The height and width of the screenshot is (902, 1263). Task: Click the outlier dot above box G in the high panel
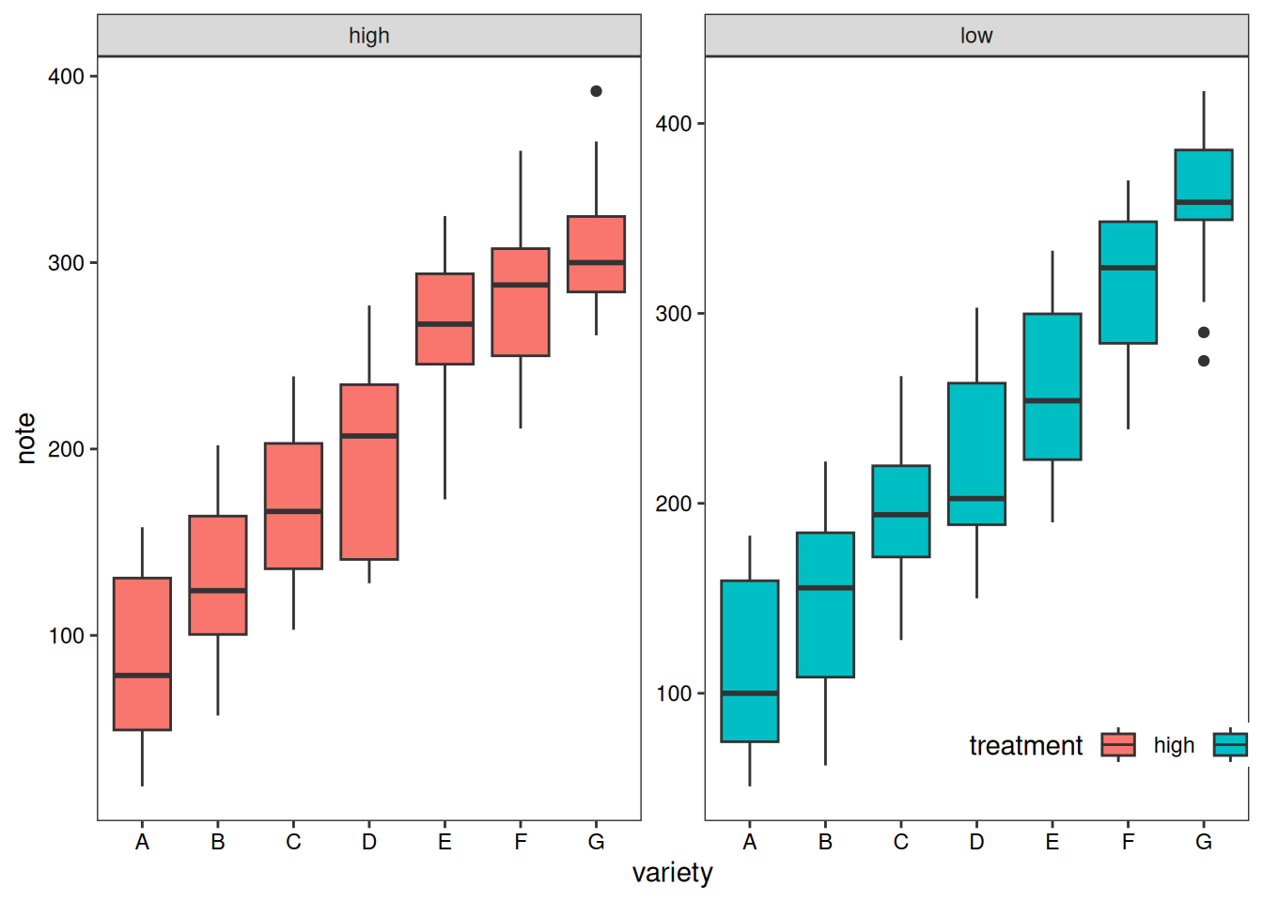(596, 91)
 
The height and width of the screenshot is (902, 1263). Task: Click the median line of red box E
(444, 324)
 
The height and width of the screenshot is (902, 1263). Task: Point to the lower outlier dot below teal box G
(1204, 361)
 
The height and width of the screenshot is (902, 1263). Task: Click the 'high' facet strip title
(368, 36)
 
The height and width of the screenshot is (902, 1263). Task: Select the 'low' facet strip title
(976, 36)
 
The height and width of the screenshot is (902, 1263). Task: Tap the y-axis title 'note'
(26, 438)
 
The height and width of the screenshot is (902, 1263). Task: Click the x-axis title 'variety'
(672, 873)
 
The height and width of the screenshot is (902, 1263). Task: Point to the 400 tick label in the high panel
(67, 77)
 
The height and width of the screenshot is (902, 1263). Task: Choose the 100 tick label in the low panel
(674, 694)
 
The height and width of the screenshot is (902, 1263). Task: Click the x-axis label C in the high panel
(293, 842)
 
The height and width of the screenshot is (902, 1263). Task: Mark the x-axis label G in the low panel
(1204, 842)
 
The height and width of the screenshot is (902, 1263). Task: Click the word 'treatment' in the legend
(1025, 746)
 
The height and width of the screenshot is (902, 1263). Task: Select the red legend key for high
(1118, 745)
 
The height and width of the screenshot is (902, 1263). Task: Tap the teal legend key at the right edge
(1230, 745)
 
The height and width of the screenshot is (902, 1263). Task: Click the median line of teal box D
(976, 498)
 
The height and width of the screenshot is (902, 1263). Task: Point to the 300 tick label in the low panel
(674, 314)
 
